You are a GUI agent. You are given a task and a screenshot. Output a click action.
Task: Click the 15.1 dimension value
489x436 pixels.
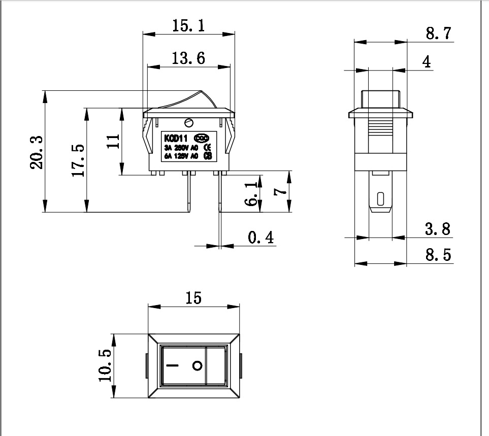pos(188,26)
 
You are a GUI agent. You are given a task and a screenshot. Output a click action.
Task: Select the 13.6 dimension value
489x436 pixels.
pos(188,58)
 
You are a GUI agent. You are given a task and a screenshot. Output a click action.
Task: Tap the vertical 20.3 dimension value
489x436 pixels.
pos(36,152)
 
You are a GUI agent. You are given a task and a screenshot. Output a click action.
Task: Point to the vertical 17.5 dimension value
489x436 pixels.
pos(78,160)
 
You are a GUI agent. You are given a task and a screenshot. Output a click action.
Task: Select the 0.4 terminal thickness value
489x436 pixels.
pos(260,237)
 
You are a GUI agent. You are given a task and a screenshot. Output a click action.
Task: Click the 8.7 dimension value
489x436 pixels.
pos(438,34)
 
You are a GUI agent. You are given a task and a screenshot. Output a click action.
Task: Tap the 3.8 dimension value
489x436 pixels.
pos(438,229)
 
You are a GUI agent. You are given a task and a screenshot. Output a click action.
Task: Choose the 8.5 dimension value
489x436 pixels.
pos(438,255)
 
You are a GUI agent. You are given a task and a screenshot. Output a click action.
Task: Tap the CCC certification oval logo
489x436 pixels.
pos(202,137)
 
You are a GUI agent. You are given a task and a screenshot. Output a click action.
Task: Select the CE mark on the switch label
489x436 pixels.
pos(207,147)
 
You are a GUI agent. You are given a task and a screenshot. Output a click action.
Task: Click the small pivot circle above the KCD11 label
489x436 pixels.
pos(189,122)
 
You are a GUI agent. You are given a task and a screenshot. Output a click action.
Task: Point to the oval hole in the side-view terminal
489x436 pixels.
pos(380,197)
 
